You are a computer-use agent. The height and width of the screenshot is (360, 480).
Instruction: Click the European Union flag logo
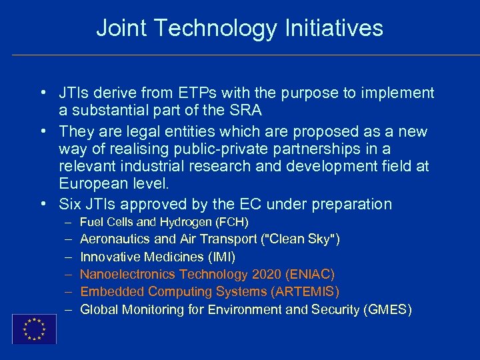pyautogui.click(x=34, y=329)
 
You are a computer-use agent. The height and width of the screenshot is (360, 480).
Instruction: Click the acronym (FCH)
pyautogui.click(x=229, y=222)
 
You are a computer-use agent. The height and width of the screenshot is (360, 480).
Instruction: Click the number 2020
pyautogui.click(x=267, y=274)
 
